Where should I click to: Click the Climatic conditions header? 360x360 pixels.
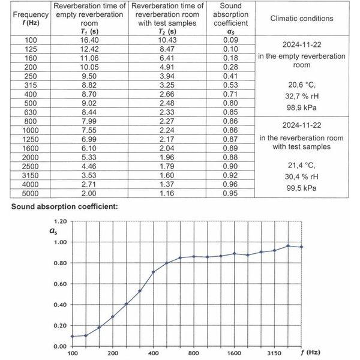pyautogui.click(x=302, y=18)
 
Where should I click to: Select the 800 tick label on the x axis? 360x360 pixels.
pyautogui.click(x=194, y=353)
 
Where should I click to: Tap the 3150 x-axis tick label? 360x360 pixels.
pyautogui.click(x=275, y=353)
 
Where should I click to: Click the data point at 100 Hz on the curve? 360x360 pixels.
pyautogui.click(x=73, y=336)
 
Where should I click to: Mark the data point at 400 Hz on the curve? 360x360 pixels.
pyautogui.click(x=154, y=272)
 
